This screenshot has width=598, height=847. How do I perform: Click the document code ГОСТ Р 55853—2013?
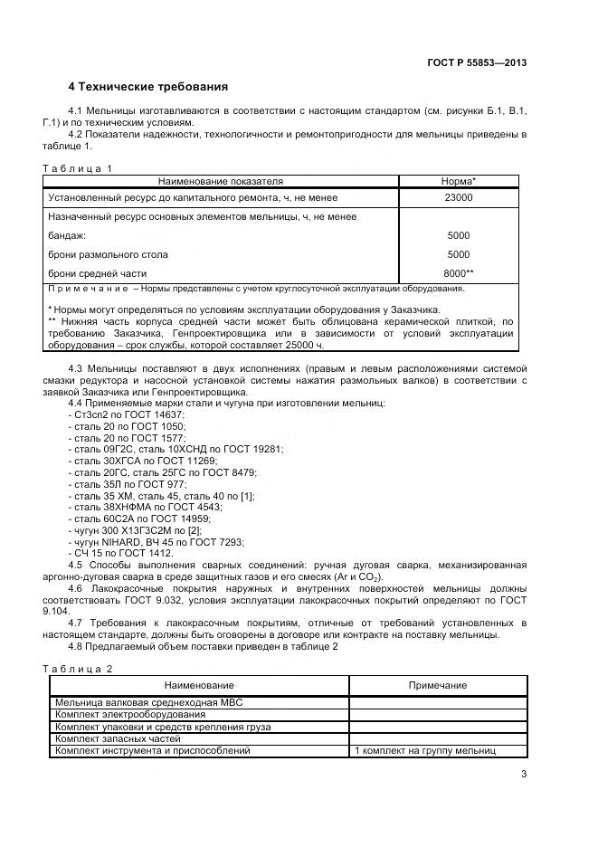[477, 62]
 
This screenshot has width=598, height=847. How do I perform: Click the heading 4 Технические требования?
[147, 87]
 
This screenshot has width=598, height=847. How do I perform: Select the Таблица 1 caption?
[78, 168]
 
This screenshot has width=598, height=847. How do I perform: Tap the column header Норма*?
[459, 181]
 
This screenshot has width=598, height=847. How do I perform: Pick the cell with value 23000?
[459, 197]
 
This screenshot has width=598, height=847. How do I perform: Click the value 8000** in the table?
[459, 273]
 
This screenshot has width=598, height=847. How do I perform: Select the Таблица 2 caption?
[78, 669]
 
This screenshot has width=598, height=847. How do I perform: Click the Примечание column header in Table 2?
[437, 686]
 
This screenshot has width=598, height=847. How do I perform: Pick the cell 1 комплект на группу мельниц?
[424, 751]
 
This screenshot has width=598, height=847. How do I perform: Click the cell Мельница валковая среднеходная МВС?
[148, 702]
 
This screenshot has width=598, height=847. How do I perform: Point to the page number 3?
[523, 773]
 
